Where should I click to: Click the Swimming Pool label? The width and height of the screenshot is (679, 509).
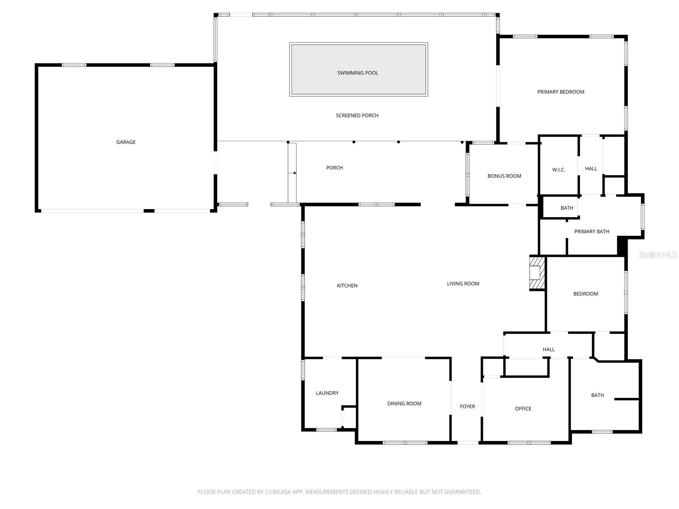[357, 73]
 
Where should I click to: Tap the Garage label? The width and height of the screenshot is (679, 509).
[126, 142]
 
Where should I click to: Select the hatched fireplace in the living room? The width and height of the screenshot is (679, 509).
[536, 273]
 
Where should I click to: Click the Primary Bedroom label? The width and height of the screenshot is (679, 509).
[561, 92]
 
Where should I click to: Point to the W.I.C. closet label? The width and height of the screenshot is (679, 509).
[558, 170]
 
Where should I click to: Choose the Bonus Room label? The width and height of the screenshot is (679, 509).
[504, 176]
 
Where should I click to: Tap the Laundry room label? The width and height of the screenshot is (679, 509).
[327, 393]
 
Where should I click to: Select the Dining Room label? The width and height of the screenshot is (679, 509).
[404, 404]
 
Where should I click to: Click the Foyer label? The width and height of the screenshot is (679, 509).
[467, 407]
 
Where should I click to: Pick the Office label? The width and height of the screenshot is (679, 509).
[523, 409]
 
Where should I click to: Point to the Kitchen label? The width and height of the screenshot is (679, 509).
[347, 286]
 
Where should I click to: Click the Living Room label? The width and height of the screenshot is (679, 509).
[463, 284]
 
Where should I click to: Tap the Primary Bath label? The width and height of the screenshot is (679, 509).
[592, 232]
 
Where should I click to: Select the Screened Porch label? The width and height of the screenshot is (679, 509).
[357, 115]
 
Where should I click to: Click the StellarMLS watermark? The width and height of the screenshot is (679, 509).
[658, 255]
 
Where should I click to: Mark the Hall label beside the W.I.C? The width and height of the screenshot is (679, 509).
[591, 169]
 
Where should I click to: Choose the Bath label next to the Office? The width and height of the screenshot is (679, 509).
[598, 395]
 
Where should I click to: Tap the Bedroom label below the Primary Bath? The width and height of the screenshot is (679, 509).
[586, 294]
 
